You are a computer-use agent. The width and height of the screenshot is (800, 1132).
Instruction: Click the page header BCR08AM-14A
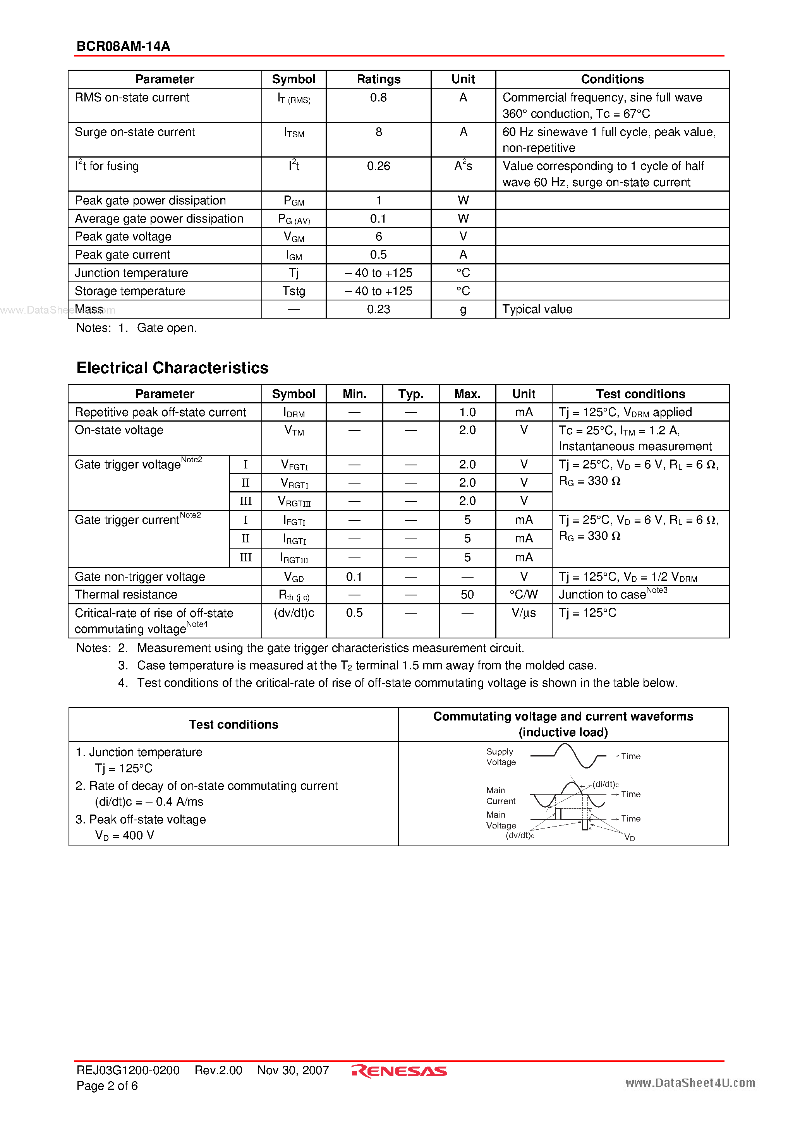coord(123,46)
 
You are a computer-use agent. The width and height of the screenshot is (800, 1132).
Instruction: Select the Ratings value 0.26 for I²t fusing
coord(378,166)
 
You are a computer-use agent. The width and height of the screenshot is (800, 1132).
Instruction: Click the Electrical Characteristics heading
coord(172,368)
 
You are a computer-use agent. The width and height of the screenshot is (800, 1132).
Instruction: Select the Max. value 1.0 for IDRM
coord(467,412)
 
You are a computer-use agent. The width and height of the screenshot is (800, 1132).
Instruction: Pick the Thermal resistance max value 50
coord(467,595)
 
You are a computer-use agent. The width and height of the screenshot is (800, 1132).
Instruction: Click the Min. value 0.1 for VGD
coord(354,576)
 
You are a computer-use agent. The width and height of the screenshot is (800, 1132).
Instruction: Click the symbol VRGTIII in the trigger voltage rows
coord(294,501)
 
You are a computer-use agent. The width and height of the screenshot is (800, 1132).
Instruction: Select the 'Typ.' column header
coord(410,394)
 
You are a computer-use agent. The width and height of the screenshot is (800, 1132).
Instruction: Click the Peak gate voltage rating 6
coord(378,237)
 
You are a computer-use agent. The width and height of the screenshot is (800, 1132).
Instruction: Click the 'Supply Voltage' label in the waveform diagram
coord(501,757)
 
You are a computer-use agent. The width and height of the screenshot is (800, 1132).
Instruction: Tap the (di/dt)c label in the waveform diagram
coord(605,784)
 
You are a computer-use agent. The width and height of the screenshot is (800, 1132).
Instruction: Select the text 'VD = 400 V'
coord(124,835)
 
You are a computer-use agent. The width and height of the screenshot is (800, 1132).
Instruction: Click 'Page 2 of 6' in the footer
coord(107,1086)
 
